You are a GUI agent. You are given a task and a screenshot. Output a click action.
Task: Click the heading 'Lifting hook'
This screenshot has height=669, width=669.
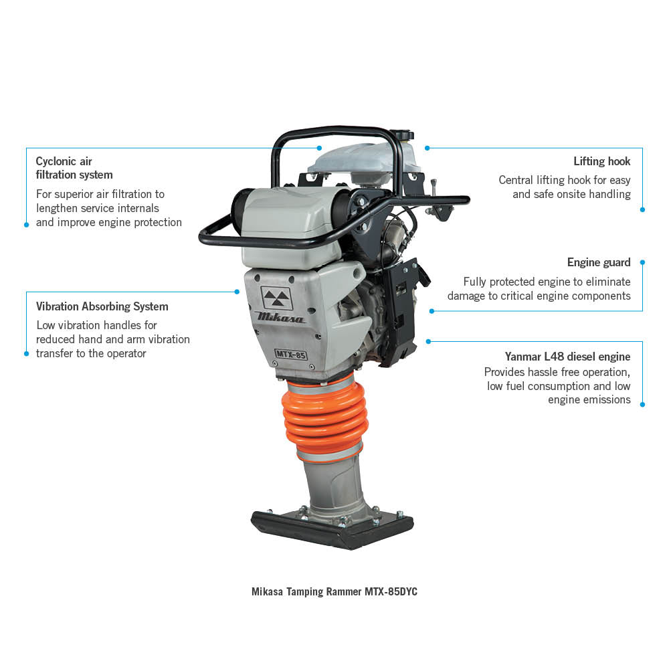[x=601, y=161]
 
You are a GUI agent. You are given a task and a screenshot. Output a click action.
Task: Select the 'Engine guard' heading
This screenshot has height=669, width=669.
[x=599, y=262]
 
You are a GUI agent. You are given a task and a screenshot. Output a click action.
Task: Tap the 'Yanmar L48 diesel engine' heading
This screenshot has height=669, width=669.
[x=567, y=357]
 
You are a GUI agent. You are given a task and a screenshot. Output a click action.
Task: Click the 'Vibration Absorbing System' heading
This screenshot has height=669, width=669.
[x=102, y=306]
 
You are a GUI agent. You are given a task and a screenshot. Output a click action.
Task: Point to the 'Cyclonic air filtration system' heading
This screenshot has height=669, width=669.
[x=74, y=168]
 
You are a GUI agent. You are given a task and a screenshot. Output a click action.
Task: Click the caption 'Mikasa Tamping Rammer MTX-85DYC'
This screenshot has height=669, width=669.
[x=334, y=591]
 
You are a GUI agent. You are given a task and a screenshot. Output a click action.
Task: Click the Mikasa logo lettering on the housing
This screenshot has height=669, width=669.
[x=280, y=317]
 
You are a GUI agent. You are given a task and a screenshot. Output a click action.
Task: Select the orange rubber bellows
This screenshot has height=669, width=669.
[x=325, y=418]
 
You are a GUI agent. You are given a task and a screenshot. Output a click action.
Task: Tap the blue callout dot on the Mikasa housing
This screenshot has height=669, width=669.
[x=237, y=292]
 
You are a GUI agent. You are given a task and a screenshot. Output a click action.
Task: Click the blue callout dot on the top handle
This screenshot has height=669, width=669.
[x=320, y=147]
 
